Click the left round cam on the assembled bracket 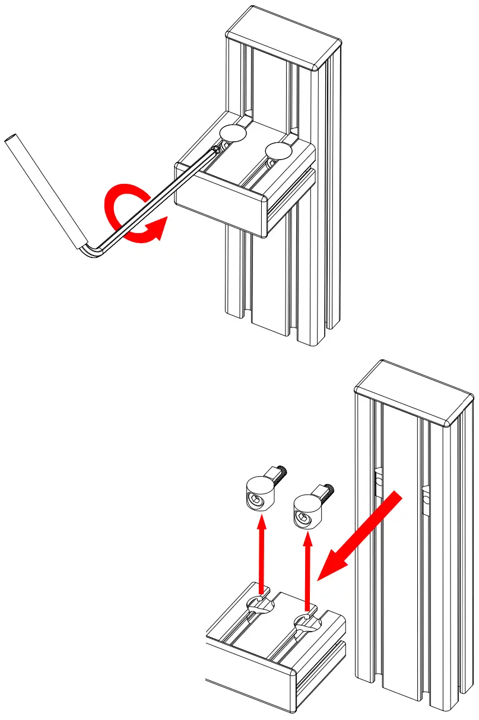(x=233, y=133)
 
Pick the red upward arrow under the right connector (x=307, y=569)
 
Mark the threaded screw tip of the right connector (x=329, y=490)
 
